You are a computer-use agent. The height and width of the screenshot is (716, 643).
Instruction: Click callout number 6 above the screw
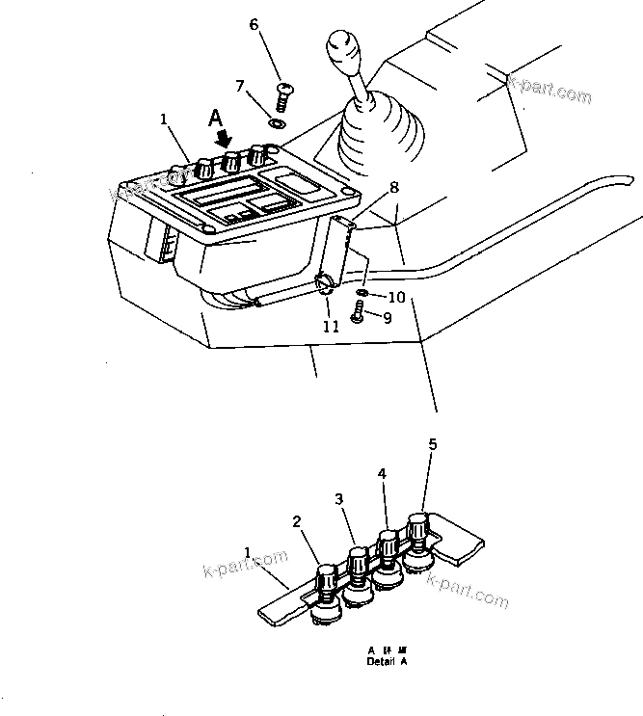tap(255, 24)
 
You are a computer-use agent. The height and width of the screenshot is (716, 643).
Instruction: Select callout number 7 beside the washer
tap(240, 86)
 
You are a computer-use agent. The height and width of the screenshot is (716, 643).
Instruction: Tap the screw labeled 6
tap(282, 97)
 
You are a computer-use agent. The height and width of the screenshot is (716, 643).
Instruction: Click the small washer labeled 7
tap(278, 122)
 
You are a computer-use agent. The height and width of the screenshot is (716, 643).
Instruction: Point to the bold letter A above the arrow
tap(217, 119)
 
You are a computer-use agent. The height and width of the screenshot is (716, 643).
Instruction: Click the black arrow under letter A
tap(224, 141)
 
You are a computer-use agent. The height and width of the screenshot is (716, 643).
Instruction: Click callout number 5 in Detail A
tap(433, 444)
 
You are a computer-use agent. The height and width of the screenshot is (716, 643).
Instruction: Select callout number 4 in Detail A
tap(382, 474)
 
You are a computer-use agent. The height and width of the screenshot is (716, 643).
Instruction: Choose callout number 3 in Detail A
tap(339, 498)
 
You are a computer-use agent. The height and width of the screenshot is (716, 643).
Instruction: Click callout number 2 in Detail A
tap(297, 522)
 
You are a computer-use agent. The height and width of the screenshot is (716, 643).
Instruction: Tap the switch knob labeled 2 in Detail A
tap(326, 582)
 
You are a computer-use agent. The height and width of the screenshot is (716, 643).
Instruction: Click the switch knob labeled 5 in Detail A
tap(418, 528)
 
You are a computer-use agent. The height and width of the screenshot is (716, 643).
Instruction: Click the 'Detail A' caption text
tap(387, 663)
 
